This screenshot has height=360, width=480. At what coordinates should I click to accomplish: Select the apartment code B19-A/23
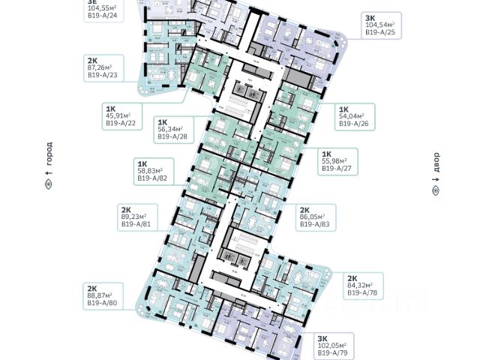click(x=103, y=75)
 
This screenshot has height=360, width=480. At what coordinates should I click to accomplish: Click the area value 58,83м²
click(x=152, y=170)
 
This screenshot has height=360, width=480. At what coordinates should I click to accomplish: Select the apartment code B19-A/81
click(x=135, y=222)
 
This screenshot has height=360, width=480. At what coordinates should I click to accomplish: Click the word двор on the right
click(x=436, y=163)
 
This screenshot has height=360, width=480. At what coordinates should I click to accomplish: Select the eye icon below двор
click(x=436, y=191)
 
